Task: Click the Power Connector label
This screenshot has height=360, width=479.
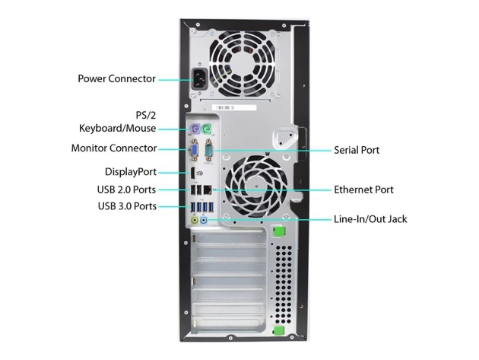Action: coord(116,78)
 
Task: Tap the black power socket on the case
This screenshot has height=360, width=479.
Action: coord(200,79)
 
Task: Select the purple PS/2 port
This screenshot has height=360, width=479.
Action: coord(195,129)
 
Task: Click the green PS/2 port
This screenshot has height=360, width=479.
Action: coord(207,129)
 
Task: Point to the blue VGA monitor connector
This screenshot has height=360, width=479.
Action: coord(195,150)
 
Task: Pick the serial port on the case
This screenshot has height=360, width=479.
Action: coord(209,150)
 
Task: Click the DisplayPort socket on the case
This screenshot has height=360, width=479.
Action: coord(193,174)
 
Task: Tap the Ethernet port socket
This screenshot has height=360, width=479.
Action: coord(208,190)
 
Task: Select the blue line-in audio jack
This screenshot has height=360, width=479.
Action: coord(204,220)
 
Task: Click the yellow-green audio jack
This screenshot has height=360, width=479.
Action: coord(195,220)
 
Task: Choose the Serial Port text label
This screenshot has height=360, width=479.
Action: coord(357,150)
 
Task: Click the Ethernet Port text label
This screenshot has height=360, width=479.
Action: coord(363,190)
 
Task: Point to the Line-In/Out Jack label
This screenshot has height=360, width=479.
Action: coord(370,219)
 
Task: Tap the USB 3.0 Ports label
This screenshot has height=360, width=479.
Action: coord(127,206)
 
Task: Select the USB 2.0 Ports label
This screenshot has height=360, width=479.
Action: coord(126,190)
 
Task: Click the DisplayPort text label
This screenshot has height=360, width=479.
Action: coord(131,172)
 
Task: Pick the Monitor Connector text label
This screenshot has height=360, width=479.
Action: coord(114,148)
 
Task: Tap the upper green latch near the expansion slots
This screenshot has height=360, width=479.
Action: coord(278,231)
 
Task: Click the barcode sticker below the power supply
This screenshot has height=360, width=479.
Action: coord(234,107)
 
